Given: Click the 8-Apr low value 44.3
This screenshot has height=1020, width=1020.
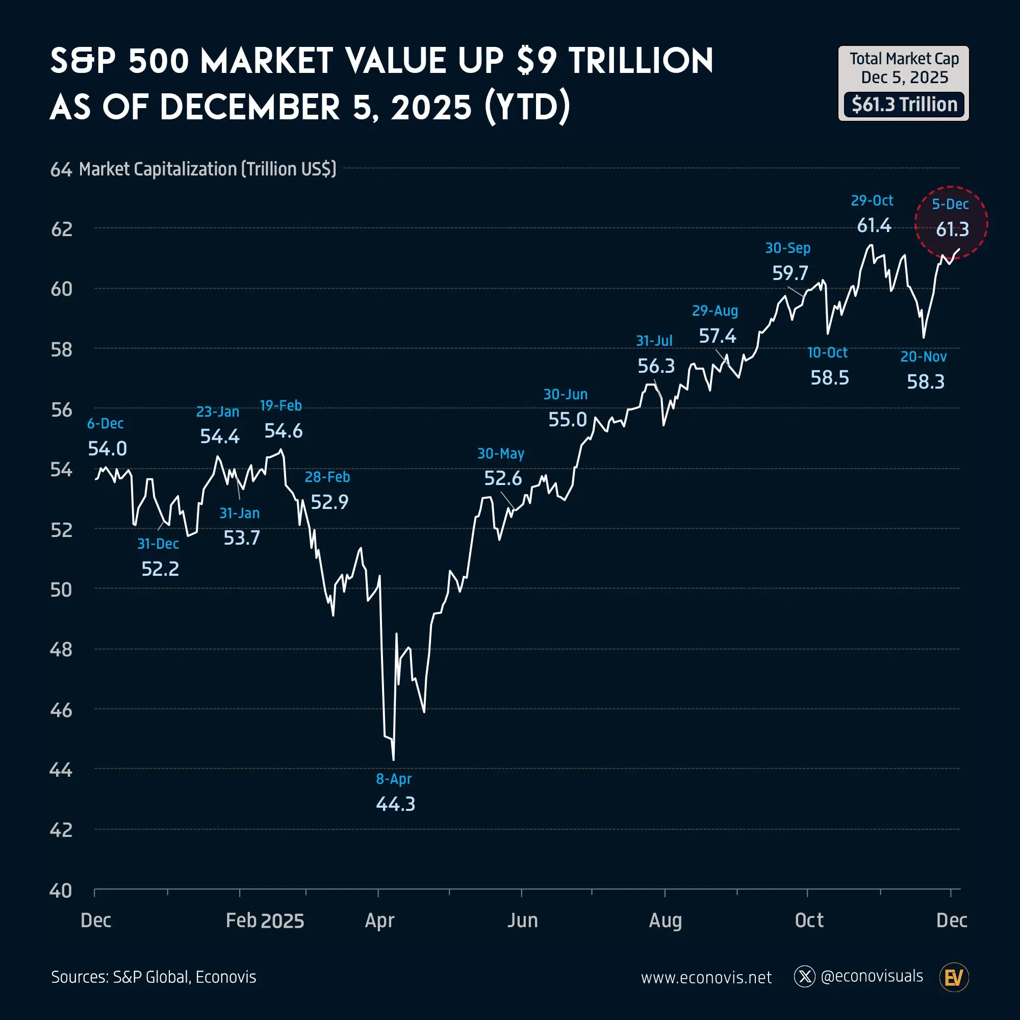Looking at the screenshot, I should coord(395,804).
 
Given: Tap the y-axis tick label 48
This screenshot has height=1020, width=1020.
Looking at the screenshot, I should coord(61,649).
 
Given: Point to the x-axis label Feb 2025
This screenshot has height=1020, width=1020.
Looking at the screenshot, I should coord(265,921).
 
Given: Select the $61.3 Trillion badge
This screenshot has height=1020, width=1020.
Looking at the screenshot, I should coord(904,105).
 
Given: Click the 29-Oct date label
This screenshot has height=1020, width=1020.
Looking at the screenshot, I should coord(872,200).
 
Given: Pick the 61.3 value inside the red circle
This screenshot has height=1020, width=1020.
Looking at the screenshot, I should coord(952,229).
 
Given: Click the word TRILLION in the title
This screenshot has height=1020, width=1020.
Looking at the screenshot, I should coord(641,61).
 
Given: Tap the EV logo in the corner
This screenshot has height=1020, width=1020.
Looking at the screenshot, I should coord(954,977).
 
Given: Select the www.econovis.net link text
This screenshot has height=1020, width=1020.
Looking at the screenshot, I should coord(706,978).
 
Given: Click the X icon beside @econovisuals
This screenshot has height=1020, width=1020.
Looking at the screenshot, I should coord(805,977).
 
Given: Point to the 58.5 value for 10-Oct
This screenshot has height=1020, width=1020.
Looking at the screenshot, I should coord(829,377).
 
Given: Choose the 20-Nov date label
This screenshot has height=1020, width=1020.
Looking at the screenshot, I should coord(924,357).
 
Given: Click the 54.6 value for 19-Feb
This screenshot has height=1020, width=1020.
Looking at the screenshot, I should coord(284,431).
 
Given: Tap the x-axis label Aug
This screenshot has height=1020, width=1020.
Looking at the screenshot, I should coord(665,921).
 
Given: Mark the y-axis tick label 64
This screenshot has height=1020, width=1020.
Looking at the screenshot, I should coord(61,169).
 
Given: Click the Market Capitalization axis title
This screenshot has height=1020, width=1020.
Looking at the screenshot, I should coord(208,169).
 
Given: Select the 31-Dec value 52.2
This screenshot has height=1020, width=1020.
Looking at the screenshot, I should coord(160,569).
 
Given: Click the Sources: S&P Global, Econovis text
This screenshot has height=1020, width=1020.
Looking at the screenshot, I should coord(154,977).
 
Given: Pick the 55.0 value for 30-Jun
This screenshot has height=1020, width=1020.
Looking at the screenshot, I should coord(568,420).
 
